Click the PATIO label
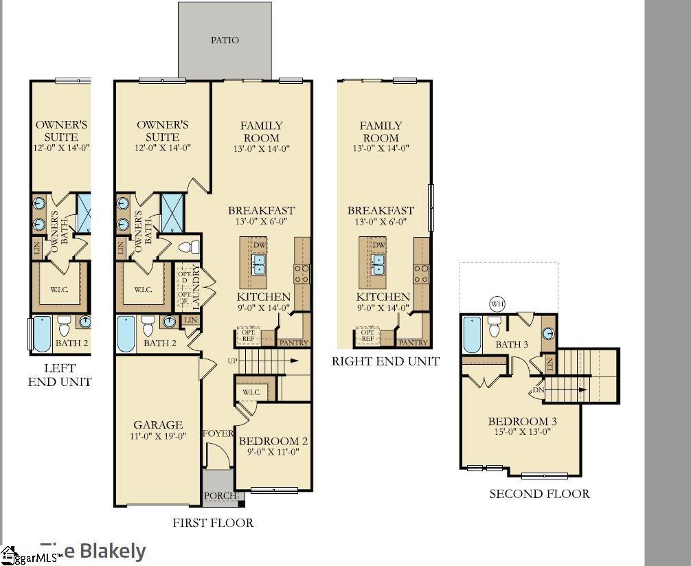coord(225,40)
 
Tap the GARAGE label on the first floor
coord(158,425)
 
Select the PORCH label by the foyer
coord(220,495)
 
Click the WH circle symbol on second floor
coord(497,304)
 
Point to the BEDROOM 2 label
coord(273,441)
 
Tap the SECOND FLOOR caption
coord(539,493)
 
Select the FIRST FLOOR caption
coord(212,523)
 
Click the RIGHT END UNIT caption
coord(385,361)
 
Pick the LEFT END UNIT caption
coord(59,375)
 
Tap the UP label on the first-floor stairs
coord(231,361)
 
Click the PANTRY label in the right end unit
coord(413,342)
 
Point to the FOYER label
coord(218,433)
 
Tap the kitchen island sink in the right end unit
coord(378,264)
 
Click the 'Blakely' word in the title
coord(113,550)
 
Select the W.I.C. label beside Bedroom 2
coord(251,392)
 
